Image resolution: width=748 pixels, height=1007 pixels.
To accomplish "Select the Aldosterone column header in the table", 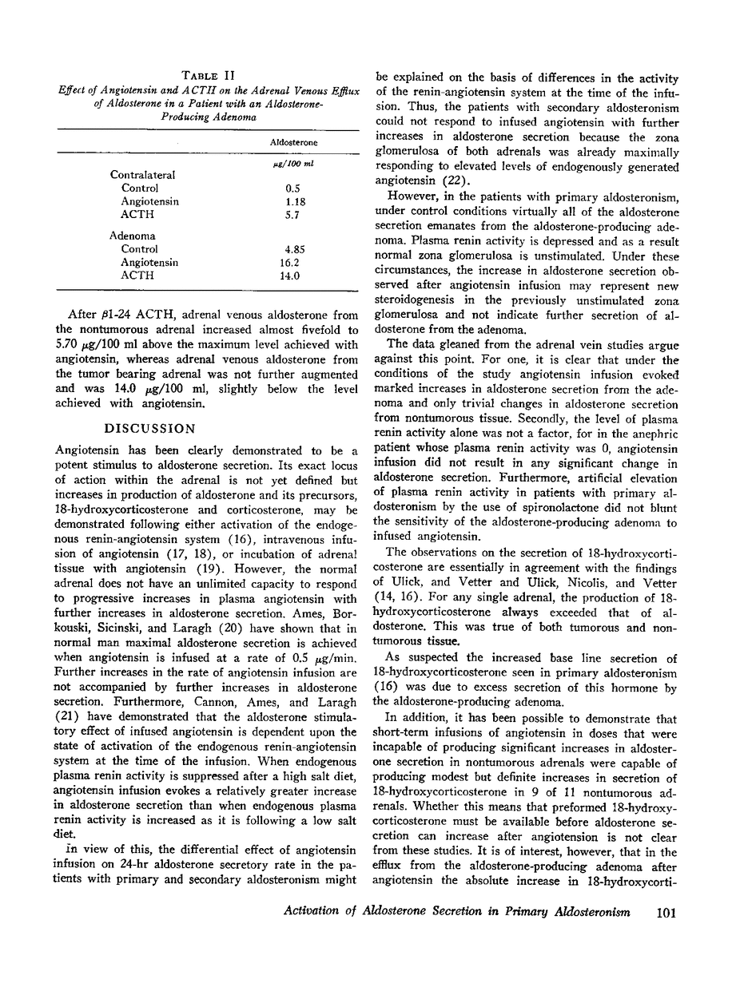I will click(x=293, y=142).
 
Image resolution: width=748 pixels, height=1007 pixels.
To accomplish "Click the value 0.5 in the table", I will click(x=292, y=188).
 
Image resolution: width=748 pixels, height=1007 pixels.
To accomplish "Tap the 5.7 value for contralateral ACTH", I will click(x=292, y=215).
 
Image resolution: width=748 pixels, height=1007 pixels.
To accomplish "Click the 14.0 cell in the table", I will click(x=293, y=276).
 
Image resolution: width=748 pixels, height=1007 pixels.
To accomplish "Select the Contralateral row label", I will click(x=142, y=175).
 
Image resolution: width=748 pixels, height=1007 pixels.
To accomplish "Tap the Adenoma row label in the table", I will click(x=133, y=236).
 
